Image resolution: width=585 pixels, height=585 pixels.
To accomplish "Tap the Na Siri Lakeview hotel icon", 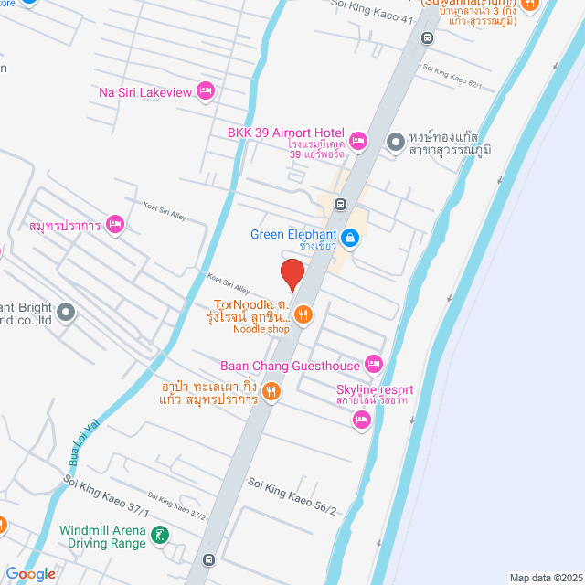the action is tap(206, 90).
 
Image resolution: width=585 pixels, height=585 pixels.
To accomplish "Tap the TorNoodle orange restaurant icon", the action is tap(304, 315).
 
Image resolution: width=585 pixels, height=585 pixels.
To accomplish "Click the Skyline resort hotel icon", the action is tap(362, 420).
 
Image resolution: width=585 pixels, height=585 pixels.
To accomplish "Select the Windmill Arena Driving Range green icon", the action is tap(162, 536).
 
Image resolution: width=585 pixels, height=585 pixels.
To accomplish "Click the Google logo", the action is tap(36, 574).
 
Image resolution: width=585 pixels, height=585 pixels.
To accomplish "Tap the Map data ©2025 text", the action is tap(545, 578).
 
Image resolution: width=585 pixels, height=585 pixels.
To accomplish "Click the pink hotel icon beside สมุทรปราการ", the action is tap(114, 224).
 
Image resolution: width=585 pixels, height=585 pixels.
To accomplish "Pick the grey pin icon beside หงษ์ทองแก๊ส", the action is tap(396, 142).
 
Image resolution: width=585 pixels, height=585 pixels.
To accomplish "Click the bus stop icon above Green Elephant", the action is tap(340, 204).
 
